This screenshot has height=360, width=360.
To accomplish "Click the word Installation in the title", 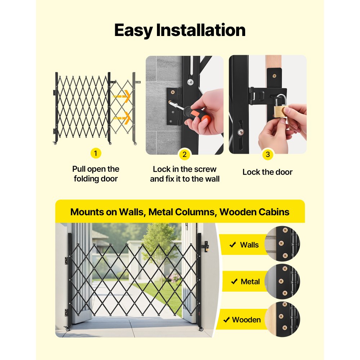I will (x=201, y=31).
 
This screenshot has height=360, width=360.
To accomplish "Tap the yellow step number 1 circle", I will (x=95, y=153).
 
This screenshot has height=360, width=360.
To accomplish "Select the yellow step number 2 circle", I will (x=184, y=155).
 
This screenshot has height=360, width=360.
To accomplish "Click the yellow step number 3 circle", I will (x=267, y=155).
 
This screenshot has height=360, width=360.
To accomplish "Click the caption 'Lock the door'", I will (x=267, y=172).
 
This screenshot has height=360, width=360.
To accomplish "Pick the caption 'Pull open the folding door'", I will (x=95, y=174).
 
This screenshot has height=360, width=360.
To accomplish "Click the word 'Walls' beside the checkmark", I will (x=249, y=245).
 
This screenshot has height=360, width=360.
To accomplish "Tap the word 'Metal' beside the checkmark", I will (x=250, y=282).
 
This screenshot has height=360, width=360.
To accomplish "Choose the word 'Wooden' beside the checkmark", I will (x=246, y=320).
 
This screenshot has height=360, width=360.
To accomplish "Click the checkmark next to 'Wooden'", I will (x=226, y=320).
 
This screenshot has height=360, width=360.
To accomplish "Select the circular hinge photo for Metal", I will (x=282, y=282).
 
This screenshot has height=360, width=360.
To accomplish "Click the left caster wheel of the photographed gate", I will (x=67, y=329).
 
